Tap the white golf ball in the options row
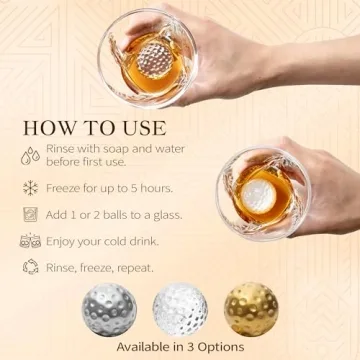pos(178,312)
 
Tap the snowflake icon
pos(29,187)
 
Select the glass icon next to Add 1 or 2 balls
pos(29,213)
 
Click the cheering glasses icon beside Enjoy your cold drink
pos(29,241)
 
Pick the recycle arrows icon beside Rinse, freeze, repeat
pos(29,267)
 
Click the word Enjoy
pos(65,240)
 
